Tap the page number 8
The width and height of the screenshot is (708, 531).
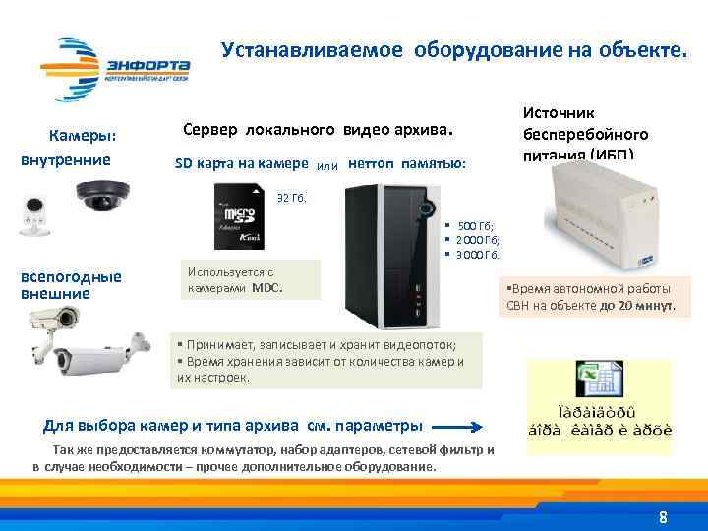[663, 517]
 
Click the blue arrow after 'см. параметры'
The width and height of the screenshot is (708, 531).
[458, 427]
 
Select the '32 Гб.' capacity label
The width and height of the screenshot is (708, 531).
[292, 197]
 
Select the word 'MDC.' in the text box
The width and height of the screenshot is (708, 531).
[267, 288]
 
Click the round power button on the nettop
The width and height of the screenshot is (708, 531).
[428, 207]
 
